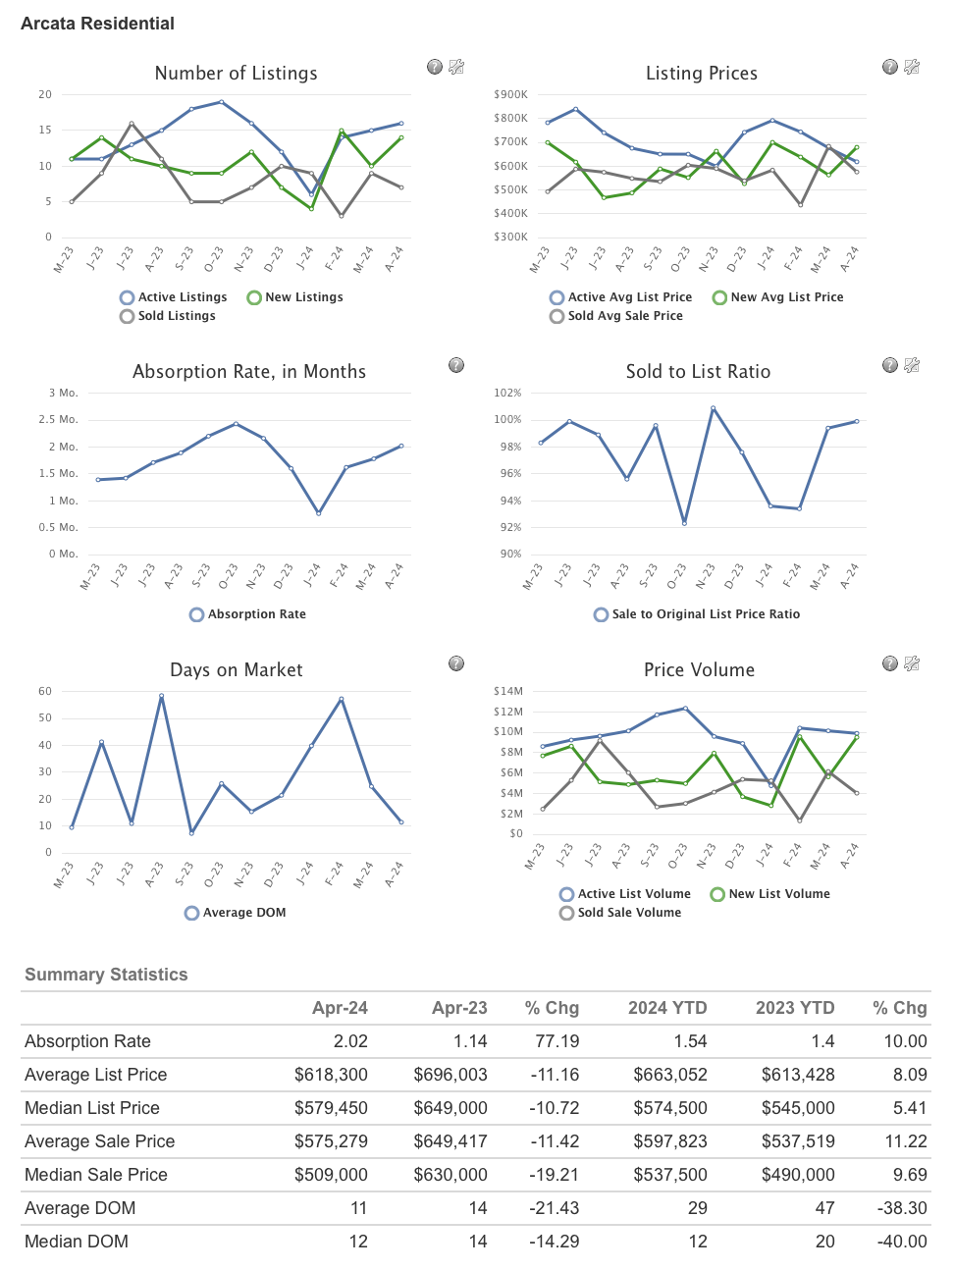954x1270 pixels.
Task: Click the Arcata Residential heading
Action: click(97, 24)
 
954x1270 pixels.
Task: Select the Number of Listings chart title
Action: click(236, 74)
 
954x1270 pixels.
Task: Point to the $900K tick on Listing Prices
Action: click(510, 95)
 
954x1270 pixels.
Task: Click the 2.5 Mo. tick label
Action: click(58, 420)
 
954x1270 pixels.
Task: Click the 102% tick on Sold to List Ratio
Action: click(507, 394)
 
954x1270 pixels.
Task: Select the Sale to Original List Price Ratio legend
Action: click(697, 614)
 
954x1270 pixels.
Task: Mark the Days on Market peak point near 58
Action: click(161, 696)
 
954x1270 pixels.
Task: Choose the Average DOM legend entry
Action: click(236, 913)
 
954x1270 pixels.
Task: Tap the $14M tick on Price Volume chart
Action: click(508, 692)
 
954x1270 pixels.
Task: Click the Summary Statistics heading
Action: click(106, 975)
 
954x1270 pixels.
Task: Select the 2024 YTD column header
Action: click(667, 1008)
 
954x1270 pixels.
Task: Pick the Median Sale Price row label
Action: click(96, 1175)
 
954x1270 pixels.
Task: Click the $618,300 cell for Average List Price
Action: click(331, 1075)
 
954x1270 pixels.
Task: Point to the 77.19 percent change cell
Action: click(556, 1041)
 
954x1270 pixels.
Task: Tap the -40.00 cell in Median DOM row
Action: click(902, 1242)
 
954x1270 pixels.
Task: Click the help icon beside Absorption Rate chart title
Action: click(456, 365)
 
